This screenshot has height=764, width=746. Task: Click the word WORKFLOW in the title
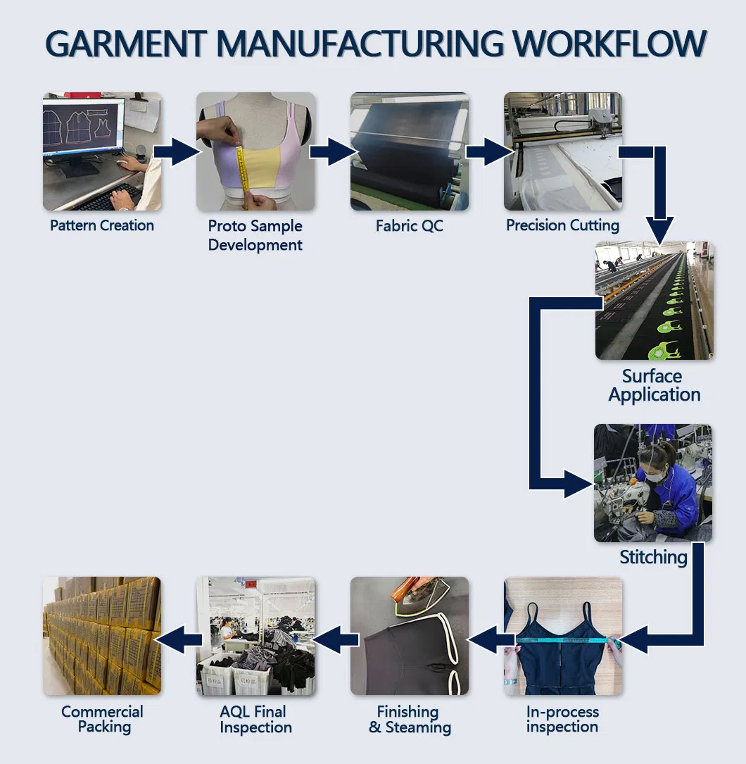pyautogui.click(x=609, y=44)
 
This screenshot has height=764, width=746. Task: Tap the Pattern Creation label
pyautogui.click(x=102, y=226)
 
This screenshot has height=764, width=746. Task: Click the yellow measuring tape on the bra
pyautogui.click(x=244, y=176)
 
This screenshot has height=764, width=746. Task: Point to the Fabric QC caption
pyautogui.click(x=409, y=226)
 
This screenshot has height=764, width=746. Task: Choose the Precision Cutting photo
pyautogui.click(x=562, y=151)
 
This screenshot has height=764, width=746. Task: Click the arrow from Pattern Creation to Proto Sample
pyautogui.click(x=177, y=151)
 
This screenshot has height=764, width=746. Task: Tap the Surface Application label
pyautogui.click(x=654, y=385)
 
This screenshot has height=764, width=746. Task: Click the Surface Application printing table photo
pyautogui.click(x=654, y=301)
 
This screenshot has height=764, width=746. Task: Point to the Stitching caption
pyautogui.click(x=653, y=558)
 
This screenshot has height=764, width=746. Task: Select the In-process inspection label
pyautogui.click(x=562, y=719)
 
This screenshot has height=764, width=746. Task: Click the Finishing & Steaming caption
pyautogui.click(x=410, y=719)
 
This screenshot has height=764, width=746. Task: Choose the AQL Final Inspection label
pyautogui.click(x=255, y=719)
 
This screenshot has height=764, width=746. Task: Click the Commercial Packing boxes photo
pyautogui.click(x=102, y=637)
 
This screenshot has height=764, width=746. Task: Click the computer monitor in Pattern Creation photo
pyautogui.click(x=83, y=127)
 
